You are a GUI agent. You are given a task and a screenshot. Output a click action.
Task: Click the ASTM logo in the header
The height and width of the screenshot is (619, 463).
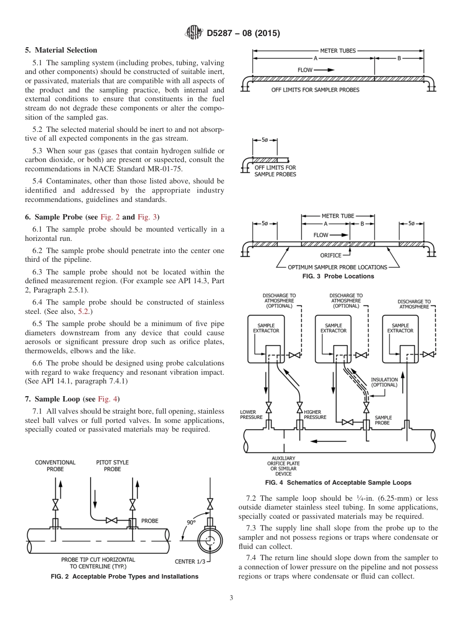(x=193, y=33)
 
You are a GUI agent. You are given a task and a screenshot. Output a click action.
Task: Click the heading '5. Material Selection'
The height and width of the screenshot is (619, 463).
(x=61, y=50)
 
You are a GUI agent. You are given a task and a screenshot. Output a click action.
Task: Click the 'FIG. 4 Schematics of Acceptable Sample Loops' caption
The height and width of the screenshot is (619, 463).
(x=338, y=483)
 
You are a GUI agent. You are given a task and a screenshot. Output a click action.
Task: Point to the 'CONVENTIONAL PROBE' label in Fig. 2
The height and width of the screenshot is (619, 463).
(x=55, y=466)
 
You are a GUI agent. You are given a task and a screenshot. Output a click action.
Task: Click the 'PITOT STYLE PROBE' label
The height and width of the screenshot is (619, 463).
(x=113, y=466)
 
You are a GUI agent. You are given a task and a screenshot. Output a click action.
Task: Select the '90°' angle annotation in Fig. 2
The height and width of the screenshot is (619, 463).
(x=191, y=522)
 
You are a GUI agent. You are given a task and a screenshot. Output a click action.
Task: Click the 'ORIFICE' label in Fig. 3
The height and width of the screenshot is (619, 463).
(x=330, y=255)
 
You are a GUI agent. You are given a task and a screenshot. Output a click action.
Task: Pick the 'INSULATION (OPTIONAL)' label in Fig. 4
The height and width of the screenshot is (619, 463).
(x=384, y=382)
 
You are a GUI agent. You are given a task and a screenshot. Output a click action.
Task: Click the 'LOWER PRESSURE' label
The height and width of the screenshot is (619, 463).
(x=251, y=415)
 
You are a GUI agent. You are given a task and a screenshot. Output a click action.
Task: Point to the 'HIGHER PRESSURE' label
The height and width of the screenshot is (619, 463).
(x=315, y=415)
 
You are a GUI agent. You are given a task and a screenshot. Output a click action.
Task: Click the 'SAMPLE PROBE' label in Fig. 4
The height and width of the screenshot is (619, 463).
(x=383, y=420)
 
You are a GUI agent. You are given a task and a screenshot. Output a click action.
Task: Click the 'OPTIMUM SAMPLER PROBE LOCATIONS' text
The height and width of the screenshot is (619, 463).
(x=337, y=267)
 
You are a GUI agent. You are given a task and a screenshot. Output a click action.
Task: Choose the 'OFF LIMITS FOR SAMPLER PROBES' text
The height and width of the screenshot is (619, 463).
(x=315, y=90)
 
